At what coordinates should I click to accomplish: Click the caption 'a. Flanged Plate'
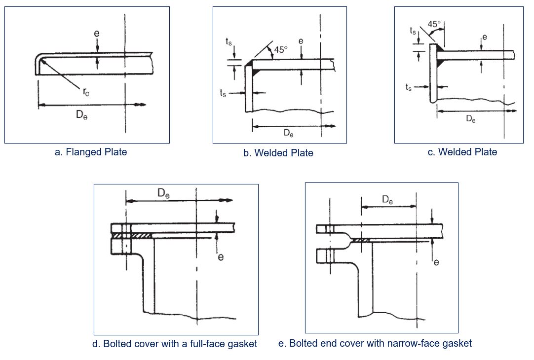pyautogui.click(x=91, y=152)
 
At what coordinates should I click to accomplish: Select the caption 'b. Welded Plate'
pyautogui.click(x=278, y=153)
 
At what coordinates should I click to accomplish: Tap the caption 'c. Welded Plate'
pyautogui.click(x=462, y=152)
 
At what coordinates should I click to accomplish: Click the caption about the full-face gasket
pyautogui.click(x=175, y=344)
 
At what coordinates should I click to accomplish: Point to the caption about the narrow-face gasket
pyautogui.click(x=375, y=343)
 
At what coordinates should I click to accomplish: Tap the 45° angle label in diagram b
pyautogui.click(x=280, y=49)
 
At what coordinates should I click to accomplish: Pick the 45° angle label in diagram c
pyautogui.click(x=434, y=24)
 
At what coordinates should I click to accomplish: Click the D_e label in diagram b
pyautogui.click(x=288, y=133)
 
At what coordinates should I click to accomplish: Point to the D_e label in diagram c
pyautogui.click(x=471, y=119)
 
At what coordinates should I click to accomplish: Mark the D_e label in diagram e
pyautogui.click(x=388, y=200)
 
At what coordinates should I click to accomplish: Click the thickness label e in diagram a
pyautogui.click(x=97, y=34)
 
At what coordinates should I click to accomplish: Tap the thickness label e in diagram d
pyautogui.click(x=221, y=257)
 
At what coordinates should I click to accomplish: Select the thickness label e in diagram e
pyautogui.click(x=436, y=262)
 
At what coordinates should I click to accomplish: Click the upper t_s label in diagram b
pyautogui.click(x=229, y=42)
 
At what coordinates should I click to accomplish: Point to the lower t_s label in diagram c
pyautogui.click(x=409, y=88)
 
